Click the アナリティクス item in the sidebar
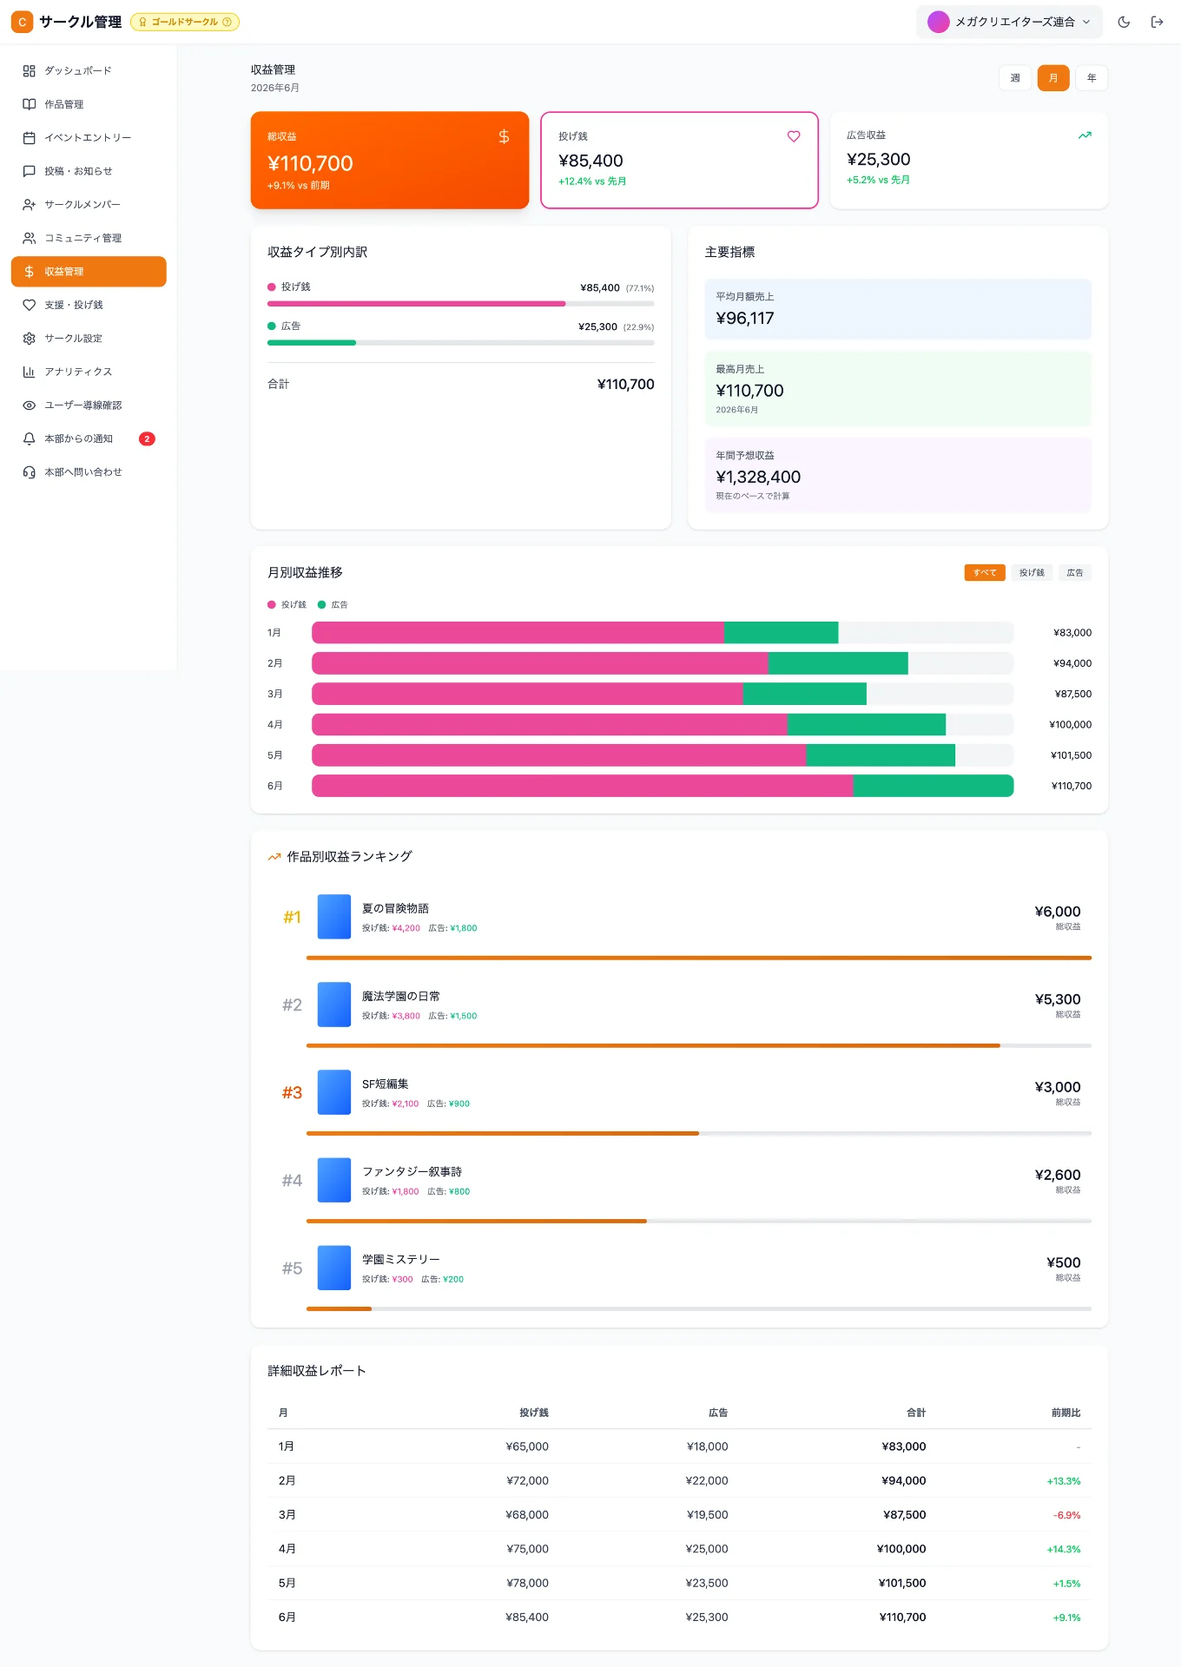coord(78,372)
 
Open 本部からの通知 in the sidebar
coord(78,438)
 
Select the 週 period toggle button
coord(1015,78)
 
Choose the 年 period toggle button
coord(1092,78)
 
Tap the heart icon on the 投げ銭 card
coord(794,136)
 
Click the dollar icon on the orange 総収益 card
coord(504,136)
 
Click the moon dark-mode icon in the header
coord(1124,22)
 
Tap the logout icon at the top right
coord(1157,22)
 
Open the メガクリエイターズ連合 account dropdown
coord(1009,22)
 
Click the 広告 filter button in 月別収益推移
coord(1075,572)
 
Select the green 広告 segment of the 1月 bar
coord(781,632)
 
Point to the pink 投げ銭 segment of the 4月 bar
coord(550,724)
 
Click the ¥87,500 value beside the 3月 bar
coord(1072,694)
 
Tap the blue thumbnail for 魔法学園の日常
coord(334,1005)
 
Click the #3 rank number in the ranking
coord(292,1092)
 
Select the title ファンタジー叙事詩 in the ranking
coord(412,1171)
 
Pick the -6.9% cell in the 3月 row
coord(1067,1515)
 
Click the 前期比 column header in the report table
coord(1066,1413)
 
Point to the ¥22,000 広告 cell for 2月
coord(707,1480)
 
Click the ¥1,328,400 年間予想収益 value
coord(758,477)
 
